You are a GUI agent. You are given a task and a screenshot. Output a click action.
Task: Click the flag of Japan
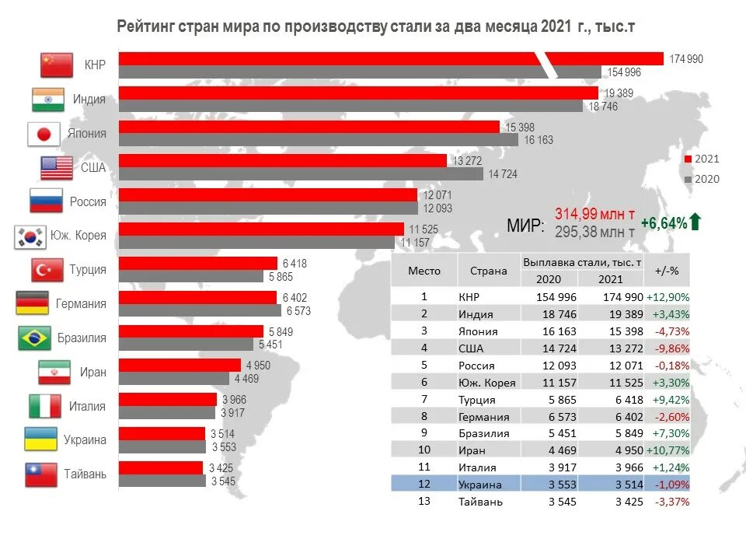click(x=44, y=134)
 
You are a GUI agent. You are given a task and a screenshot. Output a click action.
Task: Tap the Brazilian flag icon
click(x=34, y=338)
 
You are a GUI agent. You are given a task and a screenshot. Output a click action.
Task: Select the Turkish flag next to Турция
click(x=47, y=270)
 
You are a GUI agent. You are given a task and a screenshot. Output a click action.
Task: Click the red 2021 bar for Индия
click(x=357, y=93)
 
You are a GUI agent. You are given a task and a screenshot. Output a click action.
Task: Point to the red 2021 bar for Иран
click(x=180, y=365)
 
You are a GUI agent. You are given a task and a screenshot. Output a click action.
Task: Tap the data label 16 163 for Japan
click(x=539, y=140)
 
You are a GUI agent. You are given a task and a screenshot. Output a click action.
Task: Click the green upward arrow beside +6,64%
click(x=695, y=222)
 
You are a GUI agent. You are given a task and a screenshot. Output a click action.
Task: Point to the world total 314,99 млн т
click(x=594, y=214)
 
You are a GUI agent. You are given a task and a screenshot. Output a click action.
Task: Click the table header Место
click(x=424, y=271)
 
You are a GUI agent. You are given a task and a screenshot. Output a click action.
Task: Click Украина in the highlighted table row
click(x=480, y=485)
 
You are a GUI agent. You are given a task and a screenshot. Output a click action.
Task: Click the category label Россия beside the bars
click(x=88, y=202)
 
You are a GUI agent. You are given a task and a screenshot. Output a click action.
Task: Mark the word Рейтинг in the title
click(x=145, y=27)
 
